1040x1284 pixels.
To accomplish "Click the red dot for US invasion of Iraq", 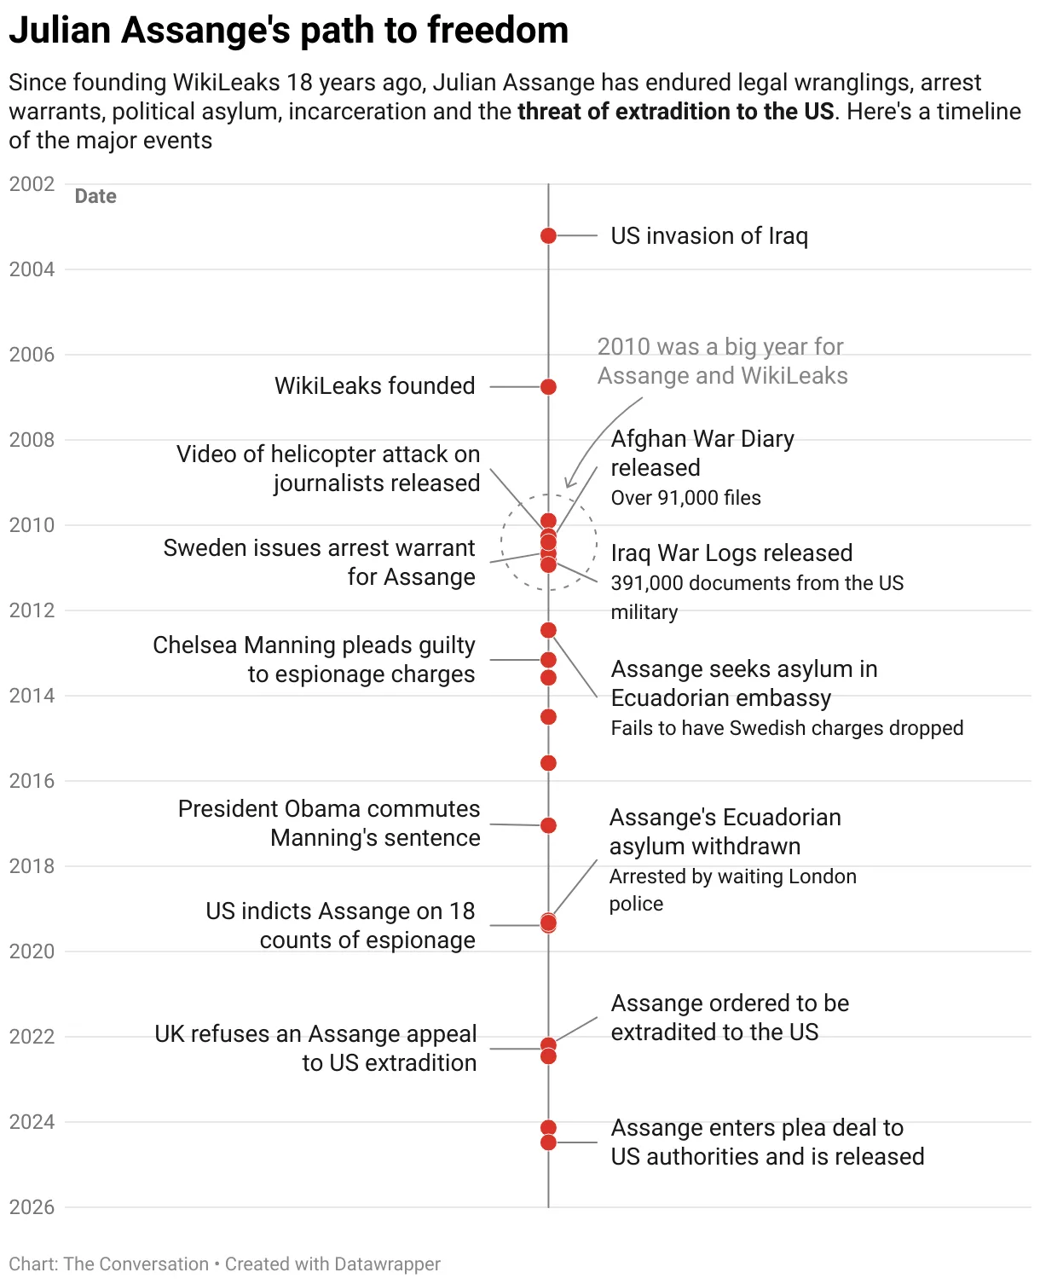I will (x=548, y=235).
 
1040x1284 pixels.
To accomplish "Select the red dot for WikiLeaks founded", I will (x=548, y=387).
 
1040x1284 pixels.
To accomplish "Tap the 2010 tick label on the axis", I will (x=32, y=525).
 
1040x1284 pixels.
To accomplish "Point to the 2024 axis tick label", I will (x=32, y=1122).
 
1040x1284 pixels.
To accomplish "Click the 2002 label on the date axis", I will (x=32, y=184).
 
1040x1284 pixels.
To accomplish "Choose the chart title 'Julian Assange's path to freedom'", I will (x=288, y=31).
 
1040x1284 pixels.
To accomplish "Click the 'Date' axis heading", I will (x=95, y=196).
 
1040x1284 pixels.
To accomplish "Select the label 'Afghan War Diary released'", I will (x=702, y=453).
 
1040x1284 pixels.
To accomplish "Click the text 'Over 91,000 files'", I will (x=685, y=498).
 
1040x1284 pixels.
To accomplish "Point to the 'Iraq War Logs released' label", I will (x=731, y=553).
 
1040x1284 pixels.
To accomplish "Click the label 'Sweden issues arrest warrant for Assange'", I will (x=319, y=562).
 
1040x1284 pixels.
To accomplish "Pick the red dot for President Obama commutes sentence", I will (x=548, y=825).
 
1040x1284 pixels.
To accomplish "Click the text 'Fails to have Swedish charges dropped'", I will (x=787, y=728).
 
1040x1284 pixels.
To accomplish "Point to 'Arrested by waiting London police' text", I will (x=732, y=889).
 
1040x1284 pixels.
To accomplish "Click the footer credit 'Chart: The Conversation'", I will (x=108, y=1264).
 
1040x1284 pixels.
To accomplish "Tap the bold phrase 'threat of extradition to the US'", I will (x=675, y=112).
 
